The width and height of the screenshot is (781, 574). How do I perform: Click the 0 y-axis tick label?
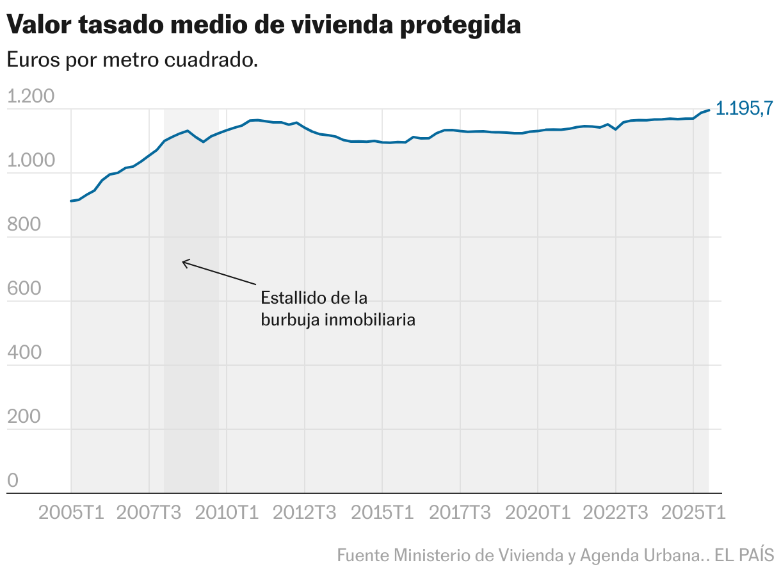point(13,481)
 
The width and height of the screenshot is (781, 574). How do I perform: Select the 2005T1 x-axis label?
point(71,513)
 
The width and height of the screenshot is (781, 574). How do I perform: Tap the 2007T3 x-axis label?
point(149,513)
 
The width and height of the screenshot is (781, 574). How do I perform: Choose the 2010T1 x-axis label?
point(227,513)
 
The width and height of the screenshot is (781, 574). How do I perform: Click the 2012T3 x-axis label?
point(305,513)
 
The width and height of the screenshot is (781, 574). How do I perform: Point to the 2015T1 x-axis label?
point(382,513)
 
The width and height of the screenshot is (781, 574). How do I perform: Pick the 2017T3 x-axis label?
point(460,513)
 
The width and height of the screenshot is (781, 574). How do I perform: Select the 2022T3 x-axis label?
point(615,513)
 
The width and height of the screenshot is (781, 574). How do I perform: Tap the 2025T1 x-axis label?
point(693,513)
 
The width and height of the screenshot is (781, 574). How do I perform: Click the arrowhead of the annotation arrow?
point(184,261)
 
